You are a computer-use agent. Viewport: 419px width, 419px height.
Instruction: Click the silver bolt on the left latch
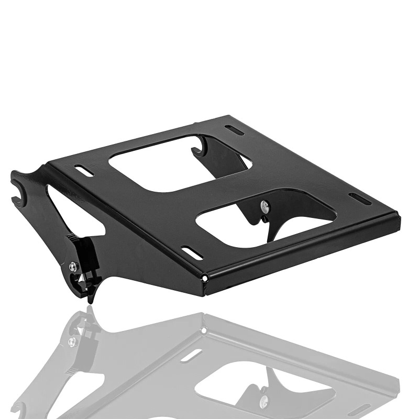(73, 267)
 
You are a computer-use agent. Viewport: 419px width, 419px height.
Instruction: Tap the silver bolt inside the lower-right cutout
(265, 205)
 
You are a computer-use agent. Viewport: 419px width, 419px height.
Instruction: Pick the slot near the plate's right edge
(360, 199)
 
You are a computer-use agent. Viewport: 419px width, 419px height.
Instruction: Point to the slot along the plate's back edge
(234, 130)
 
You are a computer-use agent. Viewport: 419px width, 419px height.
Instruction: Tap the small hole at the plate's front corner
(206, 278)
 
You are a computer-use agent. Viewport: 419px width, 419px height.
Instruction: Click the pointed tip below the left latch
(90, 300)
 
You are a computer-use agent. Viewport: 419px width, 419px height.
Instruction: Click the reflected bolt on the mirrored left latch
(71, 341)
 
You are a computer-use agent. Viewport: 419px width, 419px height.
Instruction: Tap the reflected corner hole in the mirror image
(203, 330)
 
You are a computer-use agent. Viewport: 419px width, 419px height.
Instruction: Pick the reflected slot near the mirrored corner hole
(191, 356)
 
